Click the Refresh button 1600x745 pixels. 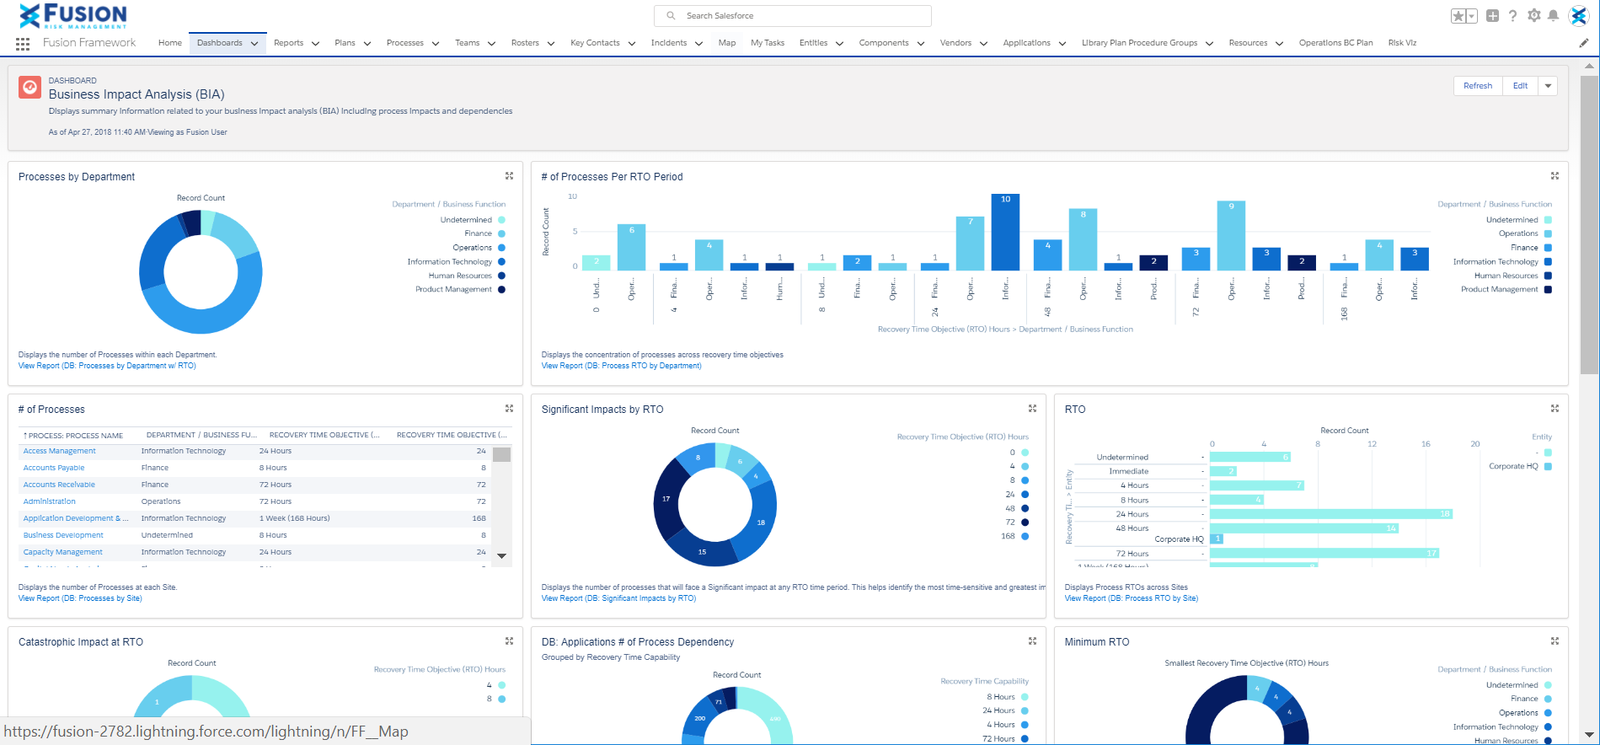coord(1477,86)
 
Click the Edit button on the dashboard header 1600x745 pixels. coord(1519,86)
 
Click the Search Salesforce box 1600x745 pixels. coord(792,16)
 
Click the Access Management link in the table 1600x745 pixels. coord(59,451)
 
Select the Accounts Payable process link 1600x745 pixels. coord(54,468)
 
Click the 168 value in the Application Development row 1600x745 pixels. coord(479,518)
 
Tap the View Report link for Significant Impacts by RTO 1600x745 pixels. coord(618,598)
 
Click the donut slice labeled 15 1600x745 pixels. coord(701,552)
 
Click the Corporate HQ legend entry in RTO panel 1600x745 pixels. coord(1513,466)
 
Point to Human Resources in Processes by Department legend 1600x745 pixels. coord(460,276)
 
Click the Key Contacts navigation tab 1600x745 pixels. coord(595,43)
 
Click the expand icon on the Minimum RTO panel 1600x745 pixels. coord(1555,641)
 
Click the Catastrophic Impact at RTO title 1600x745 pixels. coord(81,642)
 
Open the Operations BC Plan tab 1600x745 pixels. coord(1335,43)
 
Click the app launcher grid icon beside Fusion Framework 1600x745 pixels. coord(23,43)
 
